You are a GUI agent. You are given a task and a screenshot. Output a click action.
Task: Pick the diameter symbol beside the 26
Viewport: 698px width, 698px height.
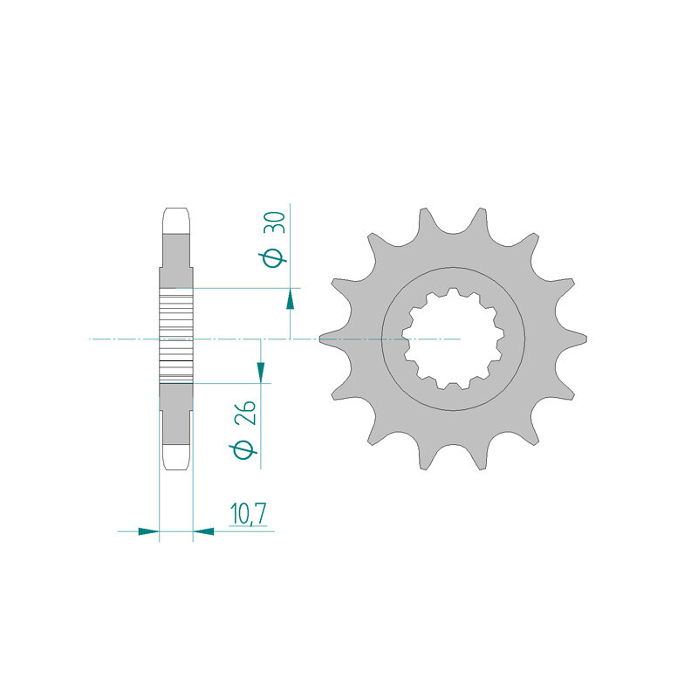pyautogui.click(x=245, y=448)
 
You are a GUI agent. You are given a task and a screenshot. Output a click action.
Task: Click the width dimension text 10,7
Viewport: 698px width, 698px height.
pyautogui.click(x=248, y=515)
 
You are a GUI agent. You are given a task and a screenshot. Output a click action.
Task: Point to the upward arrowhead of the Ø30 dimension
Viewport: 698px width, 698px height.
pyautogui.click(x=290, y=300)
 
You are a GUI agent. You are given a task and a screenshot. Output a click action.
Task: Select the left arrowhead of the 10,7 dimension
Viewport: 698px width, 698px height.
pyautogui.click(x=148, y=530)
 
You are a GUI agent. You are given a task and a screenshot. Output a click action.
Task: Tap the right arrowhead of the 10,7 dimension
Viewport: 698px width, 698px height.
pyautogui.click(x=203, y=530)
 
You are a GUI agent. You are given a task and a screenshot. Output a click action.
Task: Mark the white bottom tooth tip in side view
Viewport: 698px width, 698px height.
pyautogui.click(x=176, y=457)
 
